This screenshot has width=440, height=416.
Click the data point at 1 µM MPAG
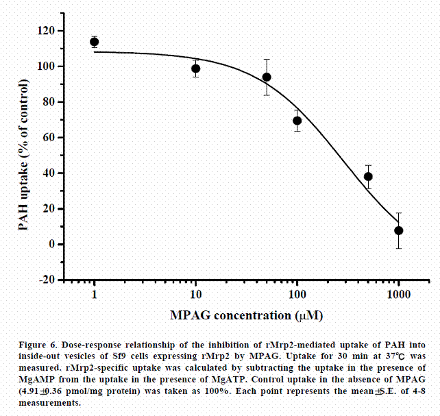pyautogui.click(x=95, y=42)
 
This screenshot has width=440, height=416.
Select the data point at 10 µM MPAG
pyautogui.click(x=196, y=68)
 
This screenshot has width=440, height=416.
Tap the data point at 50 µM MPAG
pyautogui.click(x=267, y=77)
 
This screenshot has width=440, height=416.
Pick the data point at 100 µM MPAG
pyautogui.click(x=297, y=121)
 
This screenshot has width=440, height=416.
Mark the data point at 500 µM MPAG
pyautogui.click(x=368, y=176)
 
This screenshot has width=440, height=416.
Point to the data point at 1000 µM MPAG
pyautogui.click(x=399, y=230)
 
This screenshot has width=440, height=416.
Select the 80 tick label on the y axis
pyautogui.click(x=48, y=102)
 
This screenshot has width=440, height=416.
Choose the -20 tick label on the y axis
pyautogui.click(x=46, y=280)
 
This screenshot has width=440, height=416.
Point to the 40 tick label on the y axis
pyautogui.click(x=48, y=173)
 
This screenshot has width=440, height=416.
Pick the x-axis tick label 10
pyautogui.click(x=196, y=294)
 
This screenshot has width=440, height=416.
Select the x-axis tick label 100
pyautogui.click(x=297, y=294)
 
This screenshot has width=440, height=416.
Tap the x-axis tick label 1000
pyautogui.click(x=399, y=294)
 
